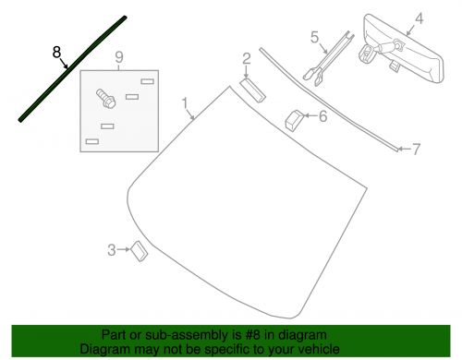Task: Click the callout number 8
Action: pyautogui.click(x=56, y=52)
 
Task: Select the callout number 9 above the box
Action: pyautogui.click(x=119, y=57)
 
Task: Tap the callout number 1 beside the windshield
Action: pyautogui.click(x=185, y=103)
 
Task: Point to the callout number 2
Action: pyautogui.click(x=247, y=58)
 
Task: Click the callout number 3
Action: pyautogui.click(x=112, y=250)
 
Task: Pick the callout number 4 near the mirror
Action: pyautogui.click(x=419, y=18)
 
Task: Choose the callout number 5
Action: pyautogui.click(x=314, y=37)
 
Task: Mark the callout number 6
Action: pyautogui.click(x=322, y=116)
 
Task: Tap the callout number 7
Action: pyautogui.click(x=416, y=150)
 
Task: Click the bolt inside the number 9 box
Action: pyautogui.click(x=106, y=99)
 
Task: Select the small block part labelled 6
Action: pyautogui.click(x=295, y=119)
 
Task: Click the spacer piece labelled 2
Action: pyautogui.click(x=252, y=90)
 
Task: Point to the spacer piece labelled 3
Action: pyautogui.click(x=140, y=251)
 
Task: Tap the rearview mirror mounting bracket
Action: pyautogui.click(x=367, y=54)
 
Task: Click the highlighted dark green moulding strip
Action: pyautogui.click(x=73, y=69)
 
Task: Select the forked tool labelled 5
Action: pyautogui.click(x=329, y=59)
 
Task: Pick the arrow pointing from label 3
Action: pyautogui.click(x=124, y=249)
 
